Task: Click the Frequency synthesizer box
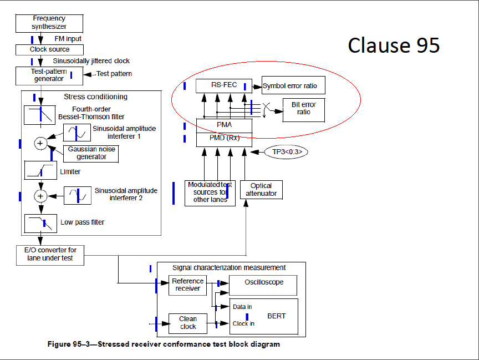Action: pyautogui.click(x=49, y=23)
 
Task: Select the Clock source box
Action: pyautogui.click(x=49, y=49)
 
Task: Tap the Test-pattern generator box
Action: pyautogui.click(x=49, y=75)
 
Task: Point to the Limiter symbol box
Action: pyautogui.click(x=40, y=170)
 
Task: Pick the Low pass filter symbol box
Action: pyautogui.click(x=40, y=223)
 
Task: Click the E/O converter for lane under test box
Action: pyautogui.click(x=50, y=254)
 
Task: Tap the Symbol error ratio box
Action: pyautogui.click(x=293, y=85)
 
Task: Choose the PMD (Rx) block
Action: pyautogui.click(x=224, y=138)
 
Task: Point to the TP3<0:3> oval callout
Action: pyautogui.click(x=286, y=151)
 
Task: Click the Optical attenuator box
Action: pyautogui.click(x=261, y=190)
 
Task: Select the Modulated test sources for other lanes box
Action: pyautogui.click(x=210, y=192)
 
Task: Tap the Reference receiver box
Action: pyautogui.click(x=187, y=285)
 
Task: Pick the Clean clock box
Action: pyautogui.click(x=187, y=323)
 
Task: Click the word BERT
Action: pyautogui.click(x=276, y=316)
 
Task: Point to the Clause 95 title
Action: pyautogui.click(x=394, y=45)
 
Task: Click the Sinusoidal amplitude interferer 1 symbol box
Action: pyautogui.click(x=77, y=133)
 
